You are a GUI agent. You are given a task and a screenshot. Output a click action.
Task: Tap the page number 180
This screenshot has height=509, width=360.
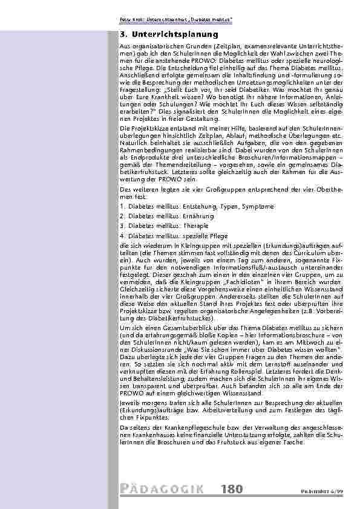pyautogui.click(x=232, y=488)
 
